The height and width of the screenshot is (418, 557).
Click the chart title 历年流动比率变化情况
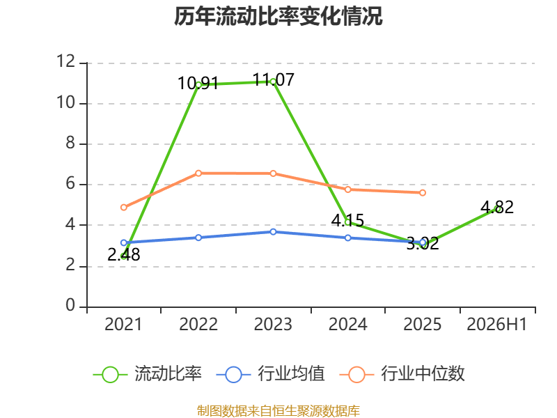click(278, 16)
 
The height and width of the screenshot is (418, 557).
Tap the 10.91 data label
click(198, 84)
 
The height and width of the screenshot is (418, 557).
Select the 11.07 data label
click(273, 79)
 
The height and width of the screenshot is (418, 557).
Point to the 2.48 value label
click(124, 254)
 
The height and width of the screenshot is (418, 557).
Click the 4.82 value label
click(497, 207)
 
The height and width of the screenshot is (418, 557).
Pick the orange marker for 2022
click(198, 173)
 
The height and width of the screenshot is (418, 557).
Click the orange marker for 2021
click(124, 207)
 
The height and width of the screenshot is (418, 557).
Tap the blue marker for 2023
click(273, 232)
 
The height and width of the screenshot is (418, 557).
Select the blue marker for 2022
click(198, 238)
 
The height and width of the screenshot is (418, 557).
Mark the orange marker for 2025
click(423, 193)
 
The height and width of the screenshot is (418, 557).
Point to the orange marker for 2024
click(348, 189)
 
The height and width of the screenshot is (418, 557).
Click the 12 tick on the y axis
click(65, 61)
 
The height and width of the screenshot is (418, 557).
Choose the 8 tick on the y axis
click(70, 143)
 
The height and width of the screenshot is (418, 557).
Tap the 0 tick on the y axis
click(70, 305)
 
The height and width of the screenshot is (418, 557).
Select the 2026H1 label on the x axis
click(497, 324)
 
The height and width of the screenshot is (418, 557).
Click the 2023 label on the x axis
click(273, 324)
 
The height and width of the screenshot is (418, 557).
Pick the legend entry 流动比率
click(147, 374)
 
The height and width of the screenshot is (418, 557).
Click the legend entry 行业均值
click(271, 374)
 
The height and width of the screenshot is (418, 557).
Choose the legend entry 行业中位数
click(402, 374)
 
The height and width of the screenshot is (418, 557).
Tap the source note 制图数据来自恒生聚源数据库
click(278, 411)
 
